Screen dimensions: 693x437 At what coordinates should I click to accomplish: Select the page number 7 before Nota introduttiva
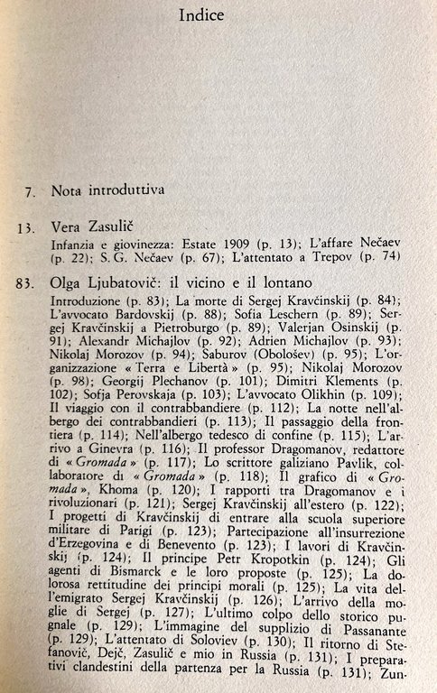pos(29,192)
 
